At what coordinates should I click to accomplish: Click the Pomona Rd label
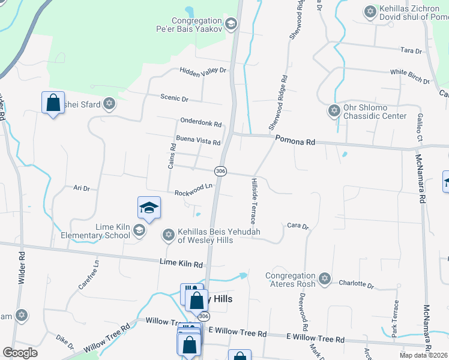(295, 142)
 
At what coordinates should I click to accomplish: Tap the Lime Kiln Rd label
(181, 263)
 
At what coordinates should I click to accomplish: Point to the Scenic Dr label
(174, 98)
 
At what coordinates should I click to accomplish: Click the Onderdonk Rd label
(200, 123)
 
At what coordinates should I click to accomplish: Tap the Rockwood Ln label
(194, 193)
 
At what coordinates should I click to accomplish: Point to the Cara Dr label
(297, 226)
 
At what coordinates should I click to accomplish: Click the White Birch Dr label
(410, 77)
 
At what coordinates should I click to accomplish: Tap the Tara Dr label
(410, 51)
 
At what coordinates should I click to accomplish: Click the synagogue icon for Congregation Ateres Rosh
(325, 278)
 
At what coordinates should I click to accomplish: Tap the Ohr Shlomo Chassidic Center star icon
(334, 110)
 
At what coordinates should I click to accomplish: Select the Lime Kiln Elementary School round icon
(139, 230)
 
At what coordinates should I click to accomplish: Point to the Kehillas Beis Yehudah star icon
(169, 235)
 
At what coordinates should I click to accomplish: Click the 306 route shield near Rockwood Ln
(220, 172)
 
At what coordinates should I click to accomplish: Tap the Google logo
(20, 353)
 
